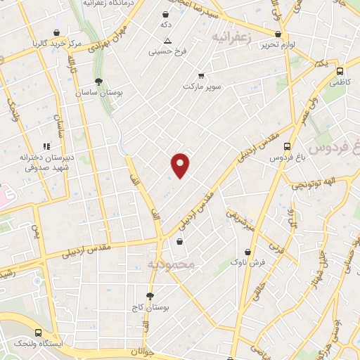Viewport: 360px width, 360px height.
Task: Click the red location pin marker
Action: [181, 165]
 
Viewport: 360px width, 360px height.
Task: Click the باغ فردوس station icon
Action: [286, 146]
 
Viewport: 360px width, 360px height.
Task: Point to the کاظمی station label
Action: [340, 82]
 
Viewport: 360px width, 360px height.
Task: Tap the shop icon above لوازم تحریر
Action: [278, 34]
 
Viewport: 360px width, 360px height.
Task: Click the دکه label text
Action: [166, 25]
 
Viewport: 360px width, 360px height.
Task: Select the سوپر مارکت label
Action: [202, 86]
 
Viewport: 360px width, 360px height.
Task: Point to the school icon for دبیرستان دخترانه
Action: [46, 146]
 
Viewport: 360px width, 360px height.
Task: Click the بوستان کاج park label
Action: [147, 308]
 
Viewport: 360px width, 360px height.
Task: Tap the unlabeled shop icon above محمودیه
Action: [181, 241]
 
